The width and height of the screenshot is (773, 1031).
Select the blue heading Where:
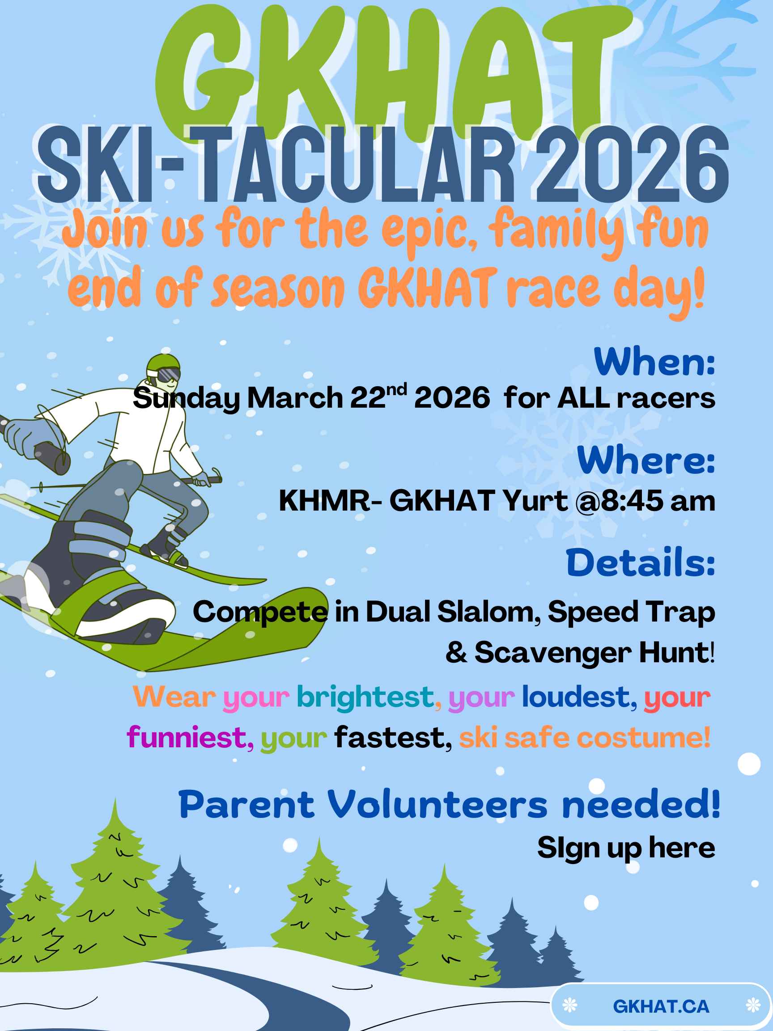pyautogui.click(x=646, y=460)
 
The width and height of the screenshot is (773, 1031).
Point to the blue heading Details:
pyautogui.click(x=640, y=562)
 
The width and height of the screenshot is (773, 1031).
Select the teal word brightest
pyautogui.click(x=365, y=697)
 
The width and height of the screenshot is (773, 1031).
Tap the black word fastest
pyautogui.click(x=390, y=738)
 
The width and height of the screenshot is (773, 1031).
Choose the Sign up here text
pyautogui.click(x=626, y=848)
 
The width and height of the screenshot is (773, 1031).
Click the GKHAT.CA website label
pyautogui.click(x=661, y=1007)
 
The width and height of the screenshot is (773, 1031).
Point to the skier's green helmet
pyautogui.click(x=163, y=361)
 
